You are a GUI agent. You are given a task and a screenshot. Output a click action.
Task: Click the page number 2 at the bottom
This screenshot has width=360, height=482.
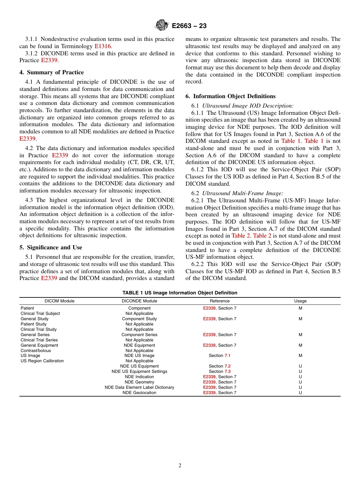180,466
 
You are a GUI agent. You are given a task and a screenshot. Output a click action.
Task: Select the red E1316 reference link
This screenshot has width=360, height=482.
103,46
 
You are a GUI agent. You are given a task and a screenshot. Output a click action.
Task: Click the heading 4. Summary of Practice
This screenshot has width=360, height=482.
52,72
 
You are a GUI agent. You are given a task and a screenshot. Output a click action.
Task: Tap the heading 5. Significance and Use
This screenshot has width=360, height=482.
51,247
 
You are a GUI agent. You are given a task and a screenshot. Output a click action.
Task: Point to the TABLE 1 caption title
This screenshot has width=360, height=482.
180,293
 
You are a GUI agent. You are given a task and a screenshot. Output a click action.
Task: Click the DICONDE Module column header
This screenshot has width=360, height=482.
139,301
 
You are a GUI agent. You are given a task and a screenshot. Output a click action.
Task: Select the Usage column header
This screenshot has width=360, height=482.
300,301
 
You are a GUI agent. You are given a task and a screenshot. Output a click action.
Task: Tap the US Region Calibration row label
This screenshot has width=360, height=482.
42,361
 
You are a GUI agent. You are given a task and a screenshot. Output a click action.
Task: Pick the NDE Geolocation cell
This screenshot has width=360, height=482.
139,393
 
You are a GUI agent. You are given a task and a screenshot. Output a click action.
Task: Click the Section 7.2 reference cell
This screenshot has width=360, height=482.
219,366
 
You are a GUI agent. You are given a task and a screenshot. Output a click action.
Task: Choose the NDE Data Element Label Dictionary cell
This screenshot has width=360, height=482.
139,387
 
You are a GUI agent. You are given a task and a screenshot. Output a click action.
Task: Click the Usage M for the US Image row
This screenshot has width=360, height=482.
300,355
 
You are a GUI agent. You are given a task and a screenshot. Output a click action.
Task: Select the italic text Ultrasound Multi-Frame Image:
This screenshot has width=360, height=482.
243,193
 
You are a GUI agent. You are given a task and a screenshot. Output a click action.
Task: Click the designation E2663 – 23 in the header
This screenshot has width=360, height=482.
189,26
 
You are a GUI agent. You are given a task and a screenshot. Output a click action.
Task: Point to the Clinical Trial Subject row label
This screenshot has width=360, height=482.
40,313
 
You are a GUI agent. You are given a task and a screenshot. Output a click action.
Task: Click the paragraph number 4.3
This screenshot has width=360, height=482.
30,200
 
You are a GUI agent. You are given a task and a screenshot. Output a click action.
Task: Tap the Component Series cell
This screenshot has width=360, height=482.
139,335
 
